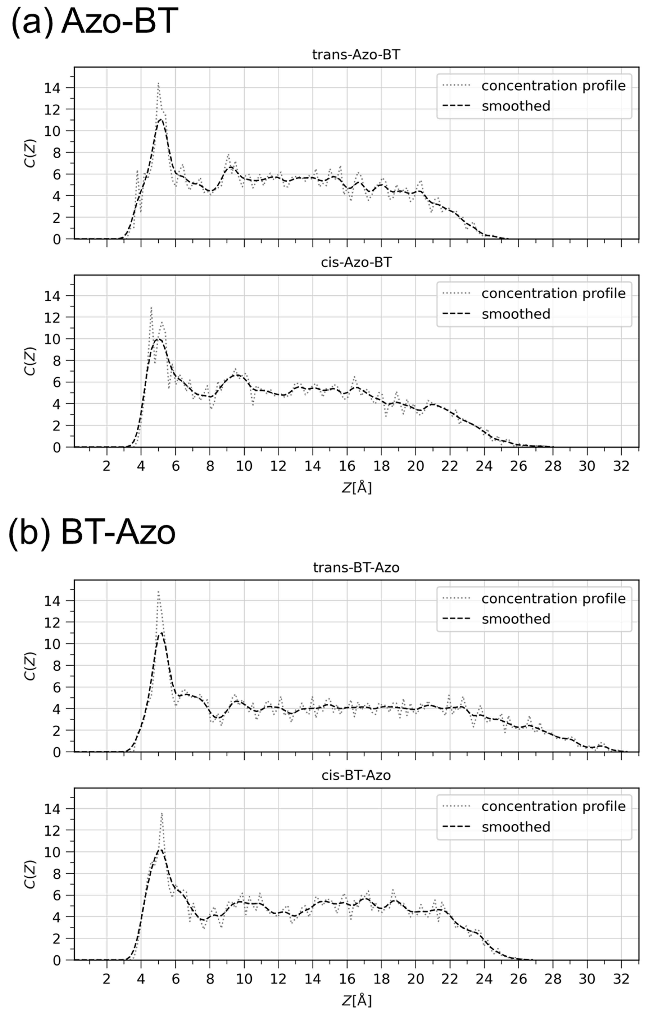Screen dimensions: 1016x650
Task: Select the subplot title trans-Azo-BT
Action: (x=356, y=55)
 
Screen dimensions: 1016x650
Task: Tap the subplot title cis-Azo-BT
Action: (x=356, y=262)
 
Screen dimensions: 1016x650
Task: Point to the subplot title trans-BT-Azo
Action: (x=356, y=568)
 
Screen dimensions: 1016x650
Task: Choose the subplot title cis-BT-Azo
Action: (x=356, y=775)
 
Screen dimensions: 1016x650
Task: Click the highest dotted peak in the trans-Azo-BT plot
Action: (x=158, y=84)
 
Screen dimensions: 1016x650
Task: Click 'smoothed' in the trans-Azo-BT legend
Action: (x=516, y=106)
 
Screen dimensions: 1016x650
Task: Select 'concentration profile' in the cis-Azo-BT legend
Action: (x=553, y=293)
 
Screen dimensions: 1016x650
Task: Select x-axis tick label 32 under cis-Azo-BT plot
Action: (x=621, y=466)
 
